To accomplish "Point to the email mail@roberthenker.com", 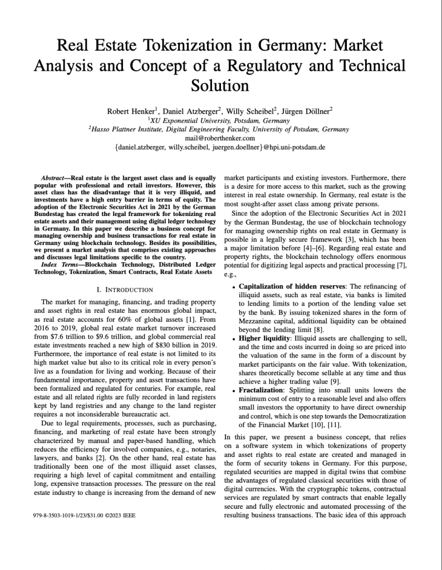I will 219,138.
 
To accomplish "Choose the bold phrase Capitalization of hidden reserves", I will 291,287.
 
